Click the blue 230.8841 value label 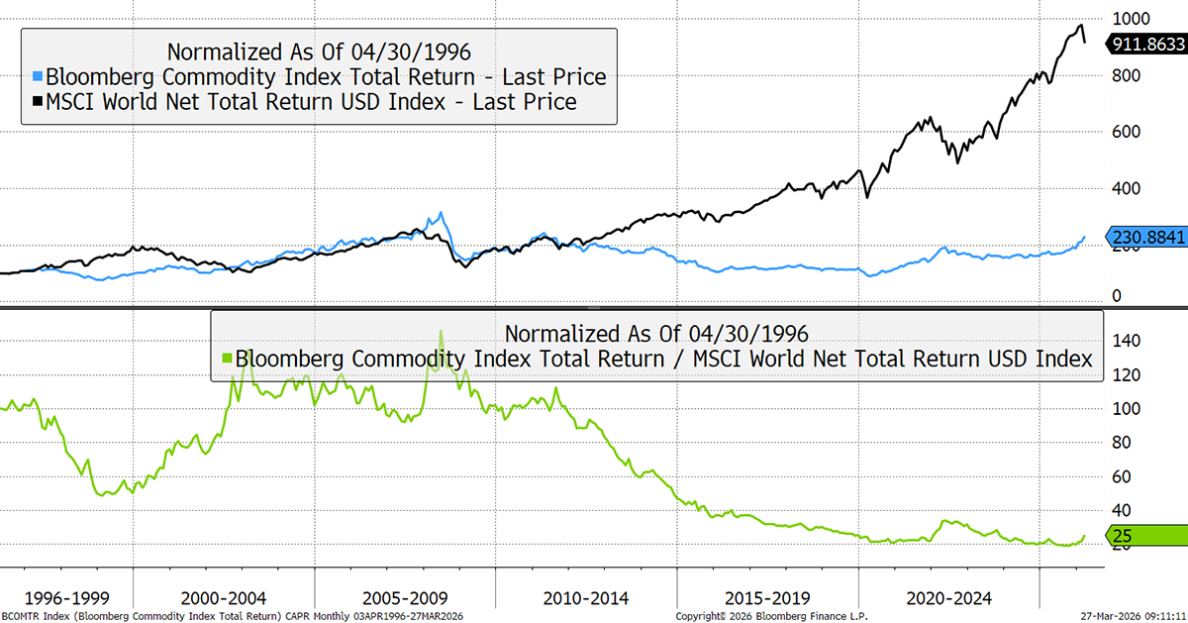tap(1147, 239)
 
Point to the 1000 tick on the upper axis tap(1132, 19)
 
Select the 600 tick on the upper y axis tap(1127, 132)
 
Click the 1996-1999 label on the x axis tap(66, 598)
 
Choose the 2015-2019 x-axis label tap(768, 598)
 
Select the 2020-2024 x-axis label tap(949, 598)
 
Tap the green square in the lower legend tap(226, 359)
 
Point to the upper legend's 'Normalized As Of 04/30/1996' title tap(318, 52)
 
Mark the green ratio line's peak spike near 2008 tap(441, 331)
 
